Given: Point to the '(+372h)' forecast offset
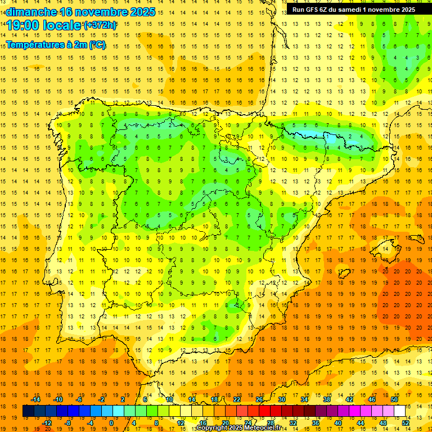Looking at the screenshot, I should (x=100, y=25).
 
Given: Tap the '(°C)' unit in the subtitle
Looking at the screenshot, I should (x=96, y=44).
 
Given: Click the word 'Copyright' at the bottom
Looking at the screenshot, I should (x=213, y=428).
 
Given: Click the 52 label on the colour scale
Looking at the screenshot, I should (x=406, y=422).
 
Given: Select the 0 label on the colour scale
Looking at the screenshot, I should (x=111, y=422).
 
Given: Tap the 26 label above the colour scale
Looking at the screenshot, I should (x=259, y=399).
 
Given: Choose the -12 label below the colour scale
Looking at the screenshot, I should (x=47, y=422).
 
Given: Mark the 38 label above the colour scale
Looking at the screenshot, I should (x=327, y=399).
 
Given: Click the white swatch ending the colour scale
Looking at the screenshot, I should (x=399, y=411).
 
